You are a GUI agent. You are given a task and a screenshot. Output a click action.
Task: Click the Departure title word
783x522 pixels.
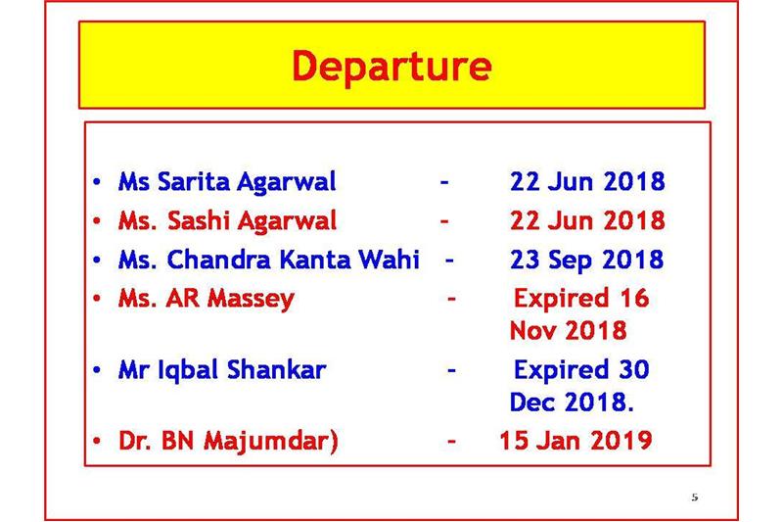pyautogui.click(x=392, y=67)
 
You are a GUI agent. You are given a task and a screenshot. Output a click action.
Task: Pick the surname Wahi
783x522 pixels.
pyautogui.click(x=389, y=259)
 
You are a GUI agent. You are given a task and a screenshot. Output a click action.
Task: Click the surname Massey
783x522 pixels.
pyautogui.click(x=251, y=299)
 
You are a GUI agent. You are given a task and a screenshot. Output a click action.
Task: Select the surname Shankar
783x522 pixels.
pyautogui.click(x=276, y=369)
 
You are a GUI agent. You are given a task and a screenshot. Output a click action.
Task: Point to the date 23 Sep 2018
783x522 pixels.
pyautogui.click(x=586, y=260)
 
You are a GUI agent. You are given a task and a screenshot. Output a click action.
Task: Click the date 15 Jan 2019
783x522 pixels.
pyautogui.click(x=576, y=441)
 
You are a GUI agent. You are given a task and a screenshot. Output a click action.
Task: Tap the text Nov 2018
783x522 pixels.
pyautogui.click(x=568, y=330)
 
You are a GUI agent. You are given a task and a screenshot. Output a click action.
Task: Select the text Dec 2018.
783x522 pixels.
pyautogui.click(x=572, y=402)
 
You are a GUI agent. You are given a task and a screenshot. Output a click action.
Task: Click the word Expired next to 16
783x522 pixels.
pyautogui.click(x=561, y=299)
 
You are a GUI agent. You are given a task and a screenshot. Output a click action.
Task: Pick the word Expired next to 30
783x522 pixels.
pyautogui.click(x=561, y=370)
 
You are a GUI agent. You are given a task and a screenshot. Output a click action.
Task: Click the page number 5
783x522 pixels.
pyautogui.click(x=695, y=497)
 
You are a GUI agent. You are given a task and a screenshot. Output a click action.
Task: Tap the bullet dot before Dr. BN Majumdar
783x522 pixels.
pyautogui.click(x=97, y=441)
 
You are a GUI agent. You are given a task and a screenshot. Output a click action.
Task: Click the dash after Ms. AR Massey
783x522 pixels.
pyautogui.click(x=451, y=300)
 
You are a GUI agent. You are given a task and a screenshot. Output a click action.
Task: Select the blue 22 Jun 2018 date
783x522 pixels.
pyautogui.click(x=587, y=181)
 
